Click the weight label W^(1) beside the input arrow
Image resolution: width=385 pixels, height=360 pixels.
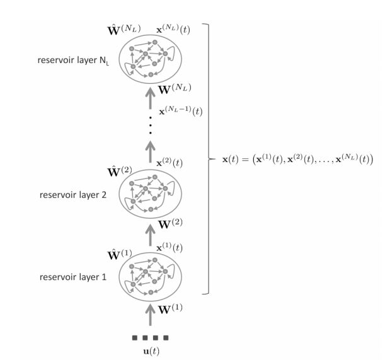(170, 310)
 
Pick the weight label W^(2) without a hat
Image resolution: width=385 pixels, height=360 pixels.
(170, 223)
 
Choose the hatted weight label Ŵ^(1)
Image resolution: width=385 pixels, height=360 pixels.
(120, 255)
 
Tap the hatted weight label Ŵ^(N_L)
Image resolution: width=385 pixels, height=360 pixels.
(124, 29)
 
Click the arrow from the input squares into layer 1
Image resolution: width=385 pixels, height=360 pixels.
(150, 314)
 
